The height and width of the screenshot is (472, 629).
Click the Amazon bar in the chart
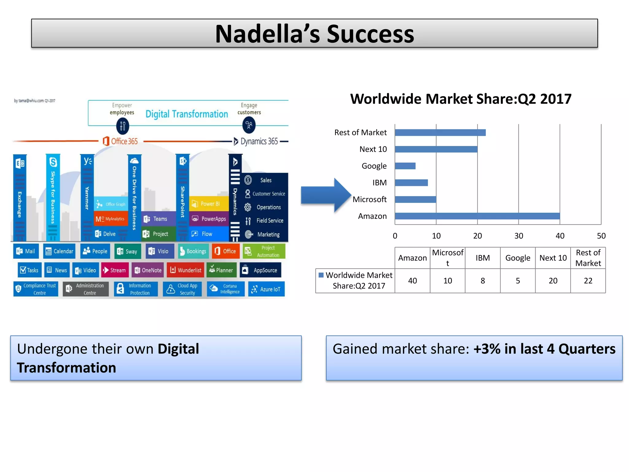tap(477, 216)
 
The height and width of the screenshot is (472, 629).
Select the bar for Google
tap(405, 166)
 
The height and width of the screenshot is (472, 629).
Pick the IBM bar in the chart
tap(411, 183)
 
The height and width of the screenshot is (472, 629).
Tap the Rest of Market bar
tap(440, 132)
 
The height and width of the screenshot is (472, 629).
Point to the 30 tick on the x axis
tap(518, 236)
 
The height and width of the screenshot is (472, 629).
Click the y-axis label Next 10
tap(373, 149)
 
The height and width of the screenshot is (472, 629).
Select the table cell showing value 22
tap(588, 281)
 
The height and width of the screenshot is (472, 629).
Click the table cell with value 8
tap(482, 281)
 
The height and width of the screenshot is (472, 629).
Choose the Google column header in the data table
tap(518, 258)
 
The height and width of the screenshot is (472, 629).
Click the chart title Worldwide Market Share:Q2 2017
tap(461, 99)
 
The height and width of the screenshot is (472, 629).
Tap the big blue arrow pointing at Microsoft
tap(326, 195)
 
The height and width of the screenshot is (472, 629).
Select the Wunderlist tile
tap(186, 270)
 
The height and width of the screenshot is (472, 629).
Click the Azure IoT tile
tap(266, 289)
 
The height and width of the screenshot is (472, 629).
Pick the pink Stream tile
tap(115, 270)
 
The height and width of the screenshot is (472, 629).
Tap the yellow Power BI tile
tap(209, 204)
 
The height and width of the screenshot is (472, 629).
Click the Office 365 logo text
tap(120, 141)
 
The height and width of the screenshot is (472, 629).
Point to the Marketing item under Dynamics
tap(268, 234)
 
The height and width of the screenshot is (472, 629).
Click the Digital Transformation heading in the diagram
tap(186, 114)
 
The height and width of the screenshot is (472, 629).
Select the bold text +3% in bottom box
tap(487, 349)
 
